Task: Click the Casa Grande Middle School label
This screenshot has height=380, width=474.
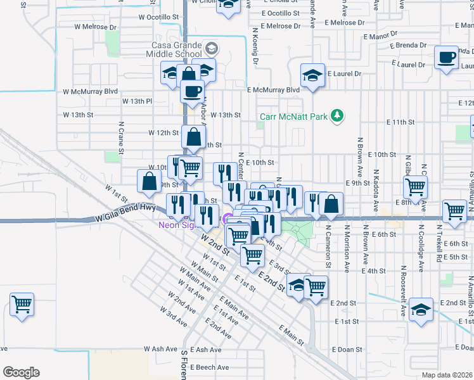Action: [x=176, y=50]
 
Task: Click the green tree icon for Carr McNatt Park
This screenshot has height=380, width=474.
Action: [x=338, y=115]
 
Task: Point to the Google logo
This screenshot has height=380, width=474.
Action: [x=21, y=372]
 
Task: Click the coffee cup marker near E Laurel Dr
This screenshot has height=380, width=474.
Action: [x=447, y=58]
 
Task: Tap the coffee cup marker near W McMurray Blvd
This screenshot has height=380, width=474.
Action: [x=191, y=91]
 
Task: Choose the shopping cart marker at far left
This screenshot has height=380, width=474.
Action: [x=22, y=305]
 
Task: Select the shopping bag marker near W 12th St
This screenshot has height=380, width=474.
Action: [x=194, y=136]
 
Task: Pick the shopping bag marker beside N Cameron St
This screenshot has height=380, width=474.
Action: [x=330, y=203]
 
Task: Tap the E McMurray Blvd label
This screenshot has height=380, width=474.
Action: [x=273, y=91]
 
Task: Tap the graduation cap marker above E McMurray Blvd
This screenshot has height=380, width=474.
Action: [x=312, y=75]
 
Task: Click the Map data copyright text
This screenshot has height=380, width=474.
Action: [x=447, y=375]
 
